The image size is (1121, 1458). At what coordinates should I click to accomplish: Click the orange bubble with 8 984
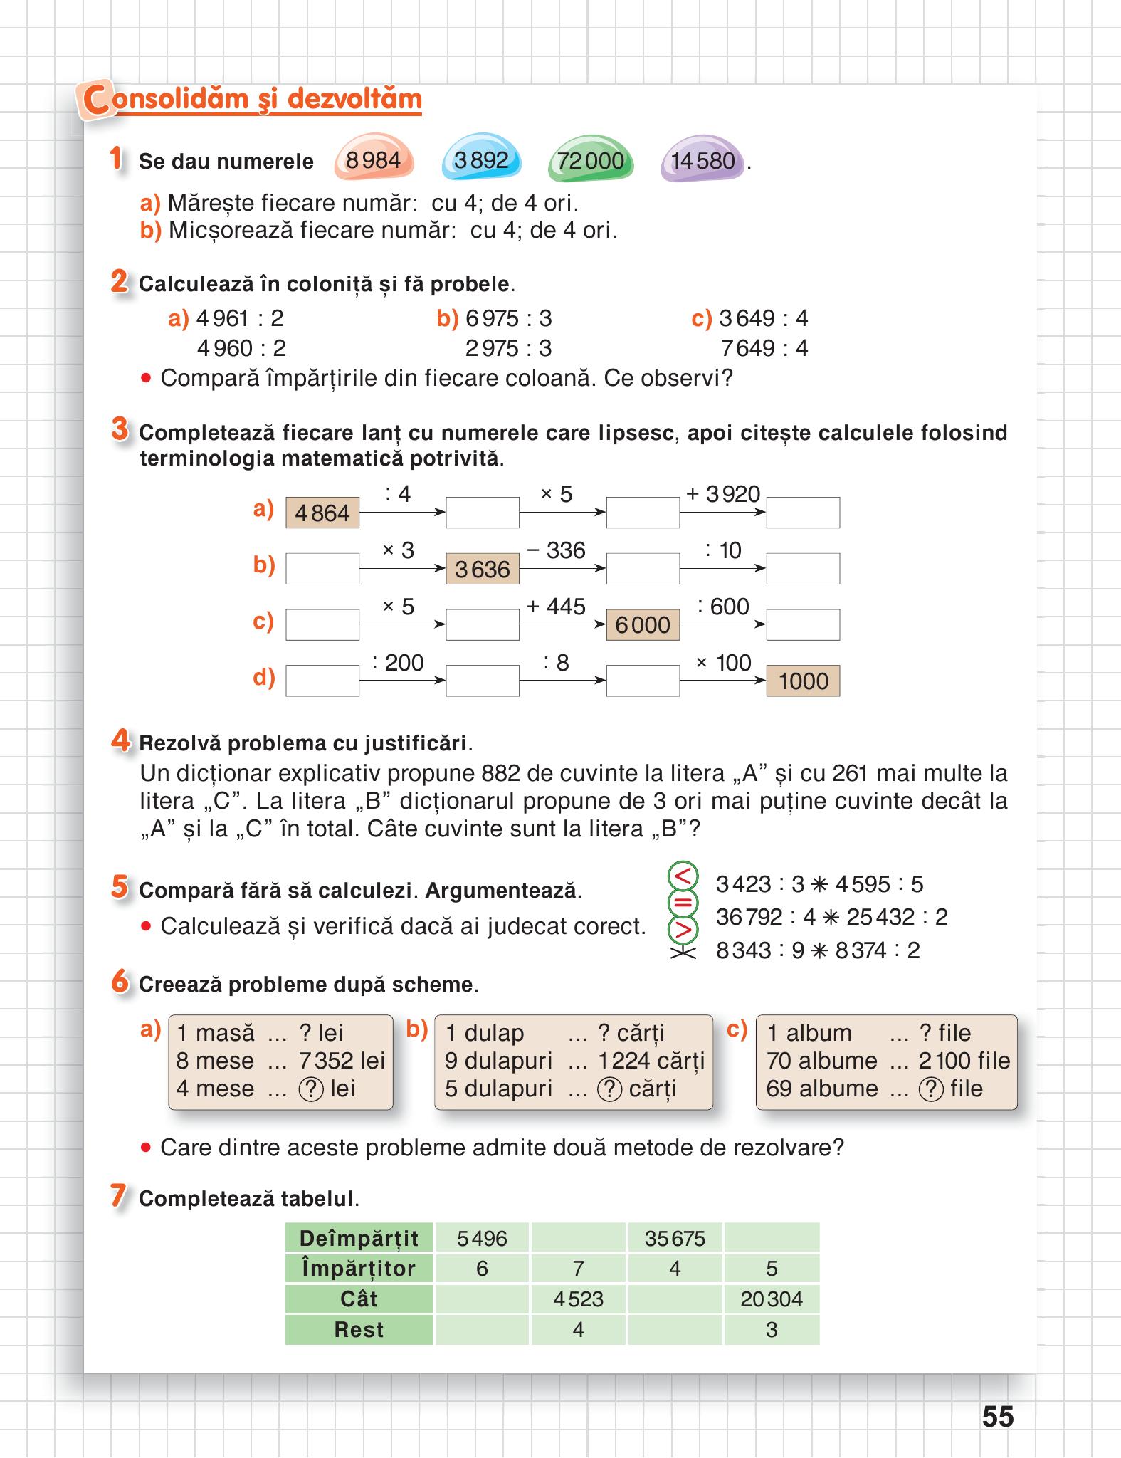pos(373,160)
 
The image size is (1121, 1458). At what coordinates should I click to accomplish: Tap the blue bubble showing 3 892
pos(481,161)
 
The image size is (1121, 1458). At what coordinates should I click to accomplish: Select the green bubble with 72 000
pos(590,161)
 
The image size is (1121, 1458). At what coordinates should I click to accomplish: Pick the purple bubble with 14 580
pos(702,161)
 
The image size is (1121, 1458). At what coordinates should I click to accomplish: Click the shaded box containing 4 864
pos(322,513)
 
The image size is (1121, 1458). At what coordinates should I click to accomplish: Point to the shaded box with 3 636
pos(483,569)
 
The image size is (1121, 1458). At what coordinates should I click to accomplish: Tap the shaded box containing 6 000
pos(643,624)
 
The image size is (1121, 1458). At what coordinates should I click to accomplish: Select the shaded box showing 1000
pos(803,681)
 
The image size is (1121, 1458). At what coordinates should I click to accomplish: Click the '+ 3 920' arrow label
pos(722,494)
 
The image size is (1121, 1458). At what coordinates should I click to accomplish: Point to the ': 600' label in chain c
pos(722,607)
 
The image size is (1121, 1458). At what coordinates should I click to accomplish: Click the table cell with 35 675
pos(675,1238)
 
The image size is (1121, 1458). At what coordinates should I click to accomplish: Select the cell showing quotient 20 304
pos(771,1299)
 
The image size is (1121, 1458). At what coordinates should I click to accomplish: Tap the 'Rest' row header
pos(359,1329)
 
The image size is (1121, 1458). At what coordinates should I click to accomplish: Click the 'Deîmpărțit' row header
pos(359,1238)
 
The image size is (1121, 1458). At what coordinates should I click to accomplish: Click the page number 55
pos(997,1417)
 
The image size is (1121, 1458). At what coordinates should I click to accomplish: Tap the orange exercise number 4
pos(120,741)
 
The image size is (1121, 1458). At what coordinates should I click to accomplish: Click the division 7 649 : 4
pos(764,348)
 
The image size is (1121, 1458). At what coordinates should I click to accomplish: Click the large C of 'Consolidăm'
pos(97,100)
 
